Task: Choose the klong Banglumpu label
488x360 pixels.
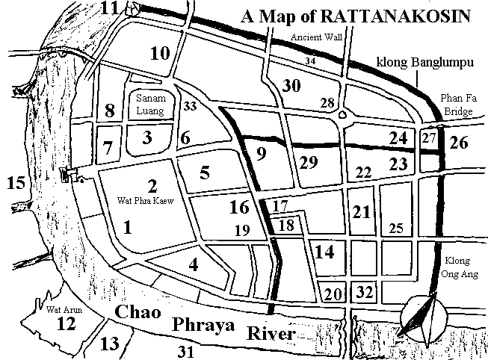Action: point(426,64)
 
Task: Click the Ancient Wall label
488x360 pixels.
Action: point(312,36)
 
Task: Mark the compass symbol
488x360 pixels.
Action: point(424,317)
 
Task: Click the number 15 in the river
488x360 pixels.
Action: point(15,181)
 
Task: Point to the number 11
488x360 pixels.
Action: point(111,9)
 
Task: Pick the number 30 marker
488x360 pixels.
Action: point(291,86)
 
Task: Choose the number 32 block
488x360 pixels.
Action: point(364,291)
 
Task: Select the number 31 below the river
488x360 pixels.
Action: point(183,350)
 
